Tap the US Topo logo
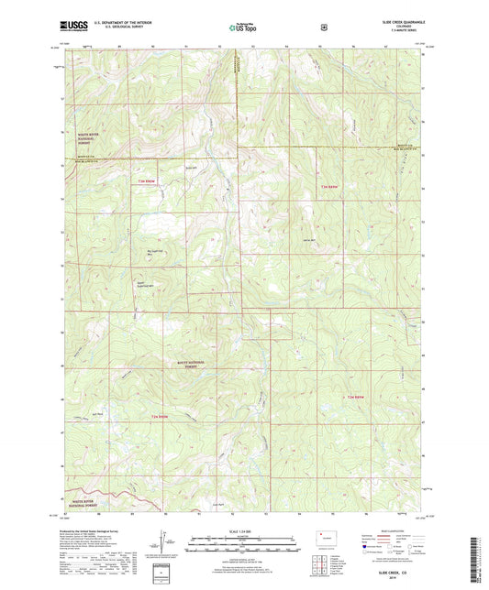(x=244, y=28)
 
